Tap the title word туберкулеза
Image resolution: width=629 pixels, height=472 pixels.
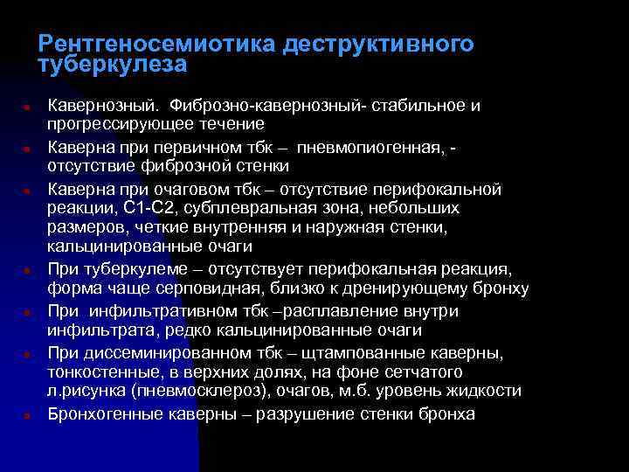click(113, 65)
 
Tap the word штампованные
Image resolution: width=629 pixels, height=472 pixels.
click(363, 352)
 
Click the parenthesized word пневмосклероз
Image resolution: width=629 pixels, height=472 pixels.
click(191, 392)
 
